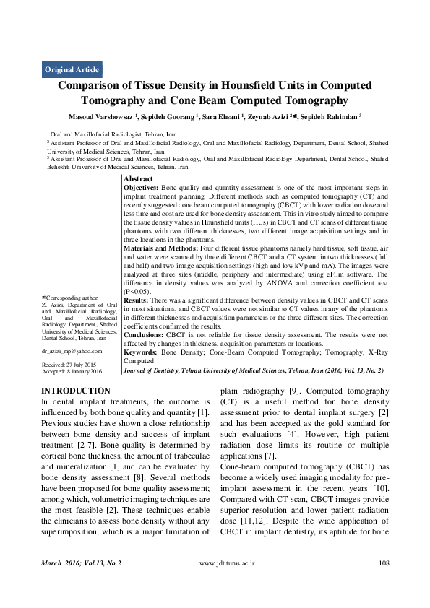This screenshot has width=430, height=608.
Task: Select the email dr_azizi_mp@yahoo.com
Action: coord(72,350)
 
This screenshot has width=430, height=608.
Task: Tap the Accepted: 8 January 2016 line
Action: coord(72,371)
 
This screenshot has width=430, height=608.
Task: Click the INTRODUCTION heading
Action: coord(76,391)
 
